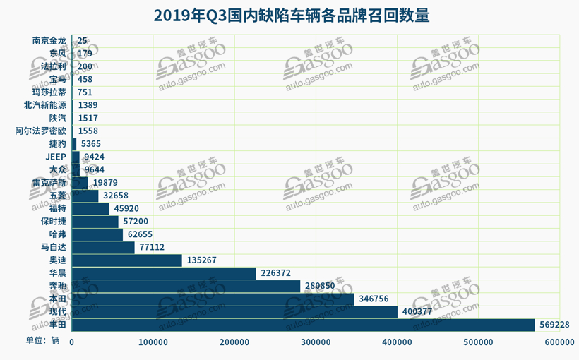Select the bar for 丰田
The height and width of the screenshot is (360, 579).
(x=303, y=324)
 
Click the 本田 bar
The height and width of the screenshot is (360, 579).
(x=213, y=299)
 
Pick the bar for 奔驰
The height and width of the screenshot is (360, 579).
(x=186, y=286)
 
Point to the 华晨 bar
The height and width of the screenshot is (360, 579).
(x=164, y=273)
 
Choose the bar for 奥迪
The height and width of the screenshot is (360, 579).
(x=126, y=260)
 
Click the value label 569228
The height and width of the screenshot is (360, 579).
(x=554, y=324)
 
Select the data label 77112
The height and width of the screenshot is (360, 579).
(x=151, y=247)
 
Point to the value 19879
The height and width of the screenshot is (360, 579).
(x=106, y=183)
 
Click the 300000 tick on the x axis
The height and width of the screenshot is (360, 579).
(x=316, y=342)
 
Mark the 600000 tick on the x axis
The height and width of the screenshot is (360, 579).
(x=559, y=342)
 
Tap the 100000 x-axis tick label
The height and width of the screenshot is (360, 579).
(x=153, y=342)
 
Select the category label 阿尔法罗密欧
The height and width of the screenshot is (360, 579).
(x=41, y=131)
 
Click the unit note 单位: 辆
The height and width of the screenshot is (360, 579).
(x=43, y=340)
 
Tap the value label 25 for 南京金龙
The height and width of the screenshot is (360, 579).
(x=83, y=41)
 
